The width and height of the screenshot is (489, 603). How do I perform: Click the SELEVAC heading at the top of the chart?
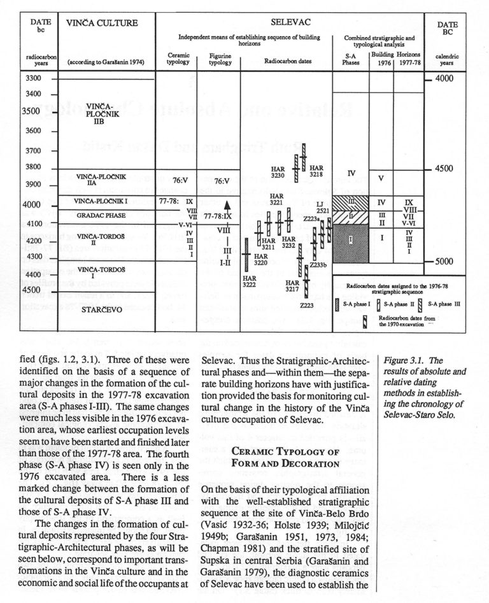click(x=290, y=22)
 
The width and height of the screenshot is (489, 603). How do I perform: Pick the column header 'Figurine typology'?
click(x=220, y=59)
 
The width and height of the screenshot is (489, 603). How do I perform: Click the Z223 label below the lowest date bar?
click(x=307, y=306)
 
